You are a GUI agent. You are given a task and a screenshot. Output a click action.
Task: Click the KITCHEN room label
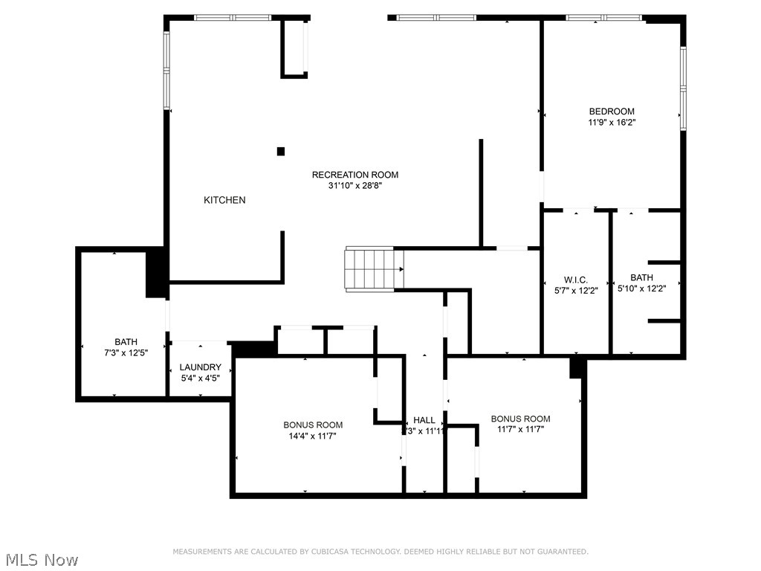point(224,200)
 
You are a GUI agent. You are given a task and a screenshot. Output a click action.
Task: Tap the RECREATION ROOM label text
point(354,175)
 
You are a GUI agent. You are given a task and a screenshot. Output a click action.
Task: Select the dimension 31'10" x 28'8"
point(354,186)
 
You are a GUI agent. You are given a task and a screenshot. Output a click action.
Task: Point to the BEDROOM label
point(612,112)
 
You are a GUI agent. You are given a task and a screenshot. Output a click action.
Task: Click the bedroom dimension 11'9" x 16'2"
point(612,122)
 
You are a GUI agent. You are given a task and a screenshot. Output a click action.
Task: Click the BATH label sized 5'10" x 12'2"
point(641,277)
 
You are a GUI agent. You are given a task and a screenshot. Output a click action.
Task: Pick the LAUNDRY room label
point(200,367)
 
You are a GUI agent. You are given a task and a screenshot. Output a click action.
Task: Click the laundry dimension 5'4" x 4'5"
point(200,378)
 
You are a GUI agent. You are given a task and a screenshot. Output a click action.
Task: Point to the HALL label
point(424,420)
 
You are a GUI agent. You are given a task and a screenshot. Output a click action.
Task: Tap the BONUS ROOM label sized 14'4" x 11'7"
point(313,425)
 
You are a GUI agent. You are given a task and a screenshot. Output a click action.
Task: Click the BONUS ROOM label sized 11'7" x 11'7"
point(520,419)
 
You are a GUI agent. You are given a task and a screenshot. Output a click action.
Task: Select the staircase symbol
point(374,269)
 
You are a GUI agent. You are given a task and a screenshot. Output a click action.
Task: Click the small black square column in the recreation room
point(281,152)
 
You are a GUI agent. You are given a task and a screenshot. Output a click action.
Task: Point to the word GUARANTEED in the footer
point(563,552)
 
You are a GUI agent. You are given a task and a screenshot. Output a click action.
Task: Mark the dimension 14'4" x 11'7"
point(313,436)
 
